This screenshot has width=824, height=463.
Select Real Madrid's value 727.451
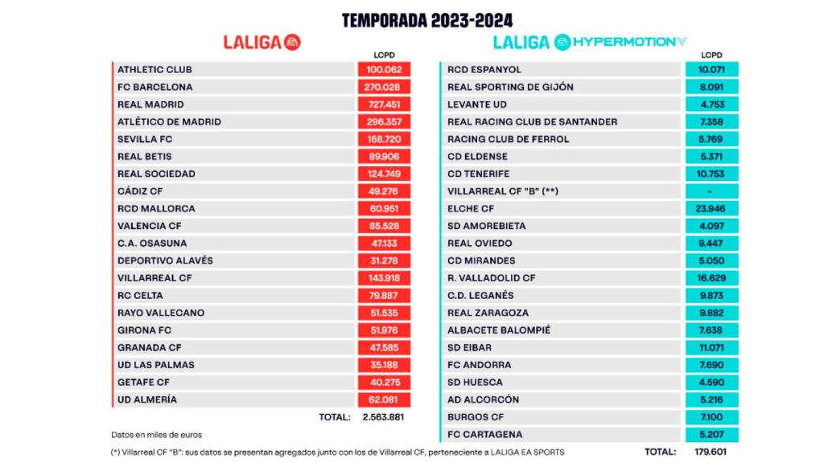click(x=385, y=104)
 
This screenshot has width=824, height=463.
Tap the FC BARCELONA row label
click(x=155, y=87)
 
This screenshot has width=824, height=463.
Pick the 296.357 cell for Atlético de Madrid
click(x=385, y=122)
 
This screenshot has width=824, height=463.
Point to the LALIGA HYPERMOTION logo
click(x=590, y=43)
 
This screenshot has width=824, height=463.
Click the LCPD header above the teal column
click(x=711, y=55)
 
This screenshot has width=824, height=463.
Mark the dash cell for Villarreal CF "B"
click(x=711, y=191)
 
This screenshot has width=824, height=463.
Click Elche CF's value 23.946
click(x=711, y=209)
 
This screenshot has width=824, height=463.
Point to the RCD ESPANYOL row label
click(x=484, y=70)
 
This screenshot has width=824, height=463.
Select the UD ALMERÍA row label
click(x=147, y=399)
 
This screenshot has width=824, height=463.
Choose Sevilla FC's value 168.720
click(x=385, y=139)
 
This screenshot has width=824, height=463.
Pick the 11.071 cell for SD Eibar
click(x=711, y=348)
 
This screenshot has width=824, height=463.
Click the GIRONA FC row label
click(x=145, y=330)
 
